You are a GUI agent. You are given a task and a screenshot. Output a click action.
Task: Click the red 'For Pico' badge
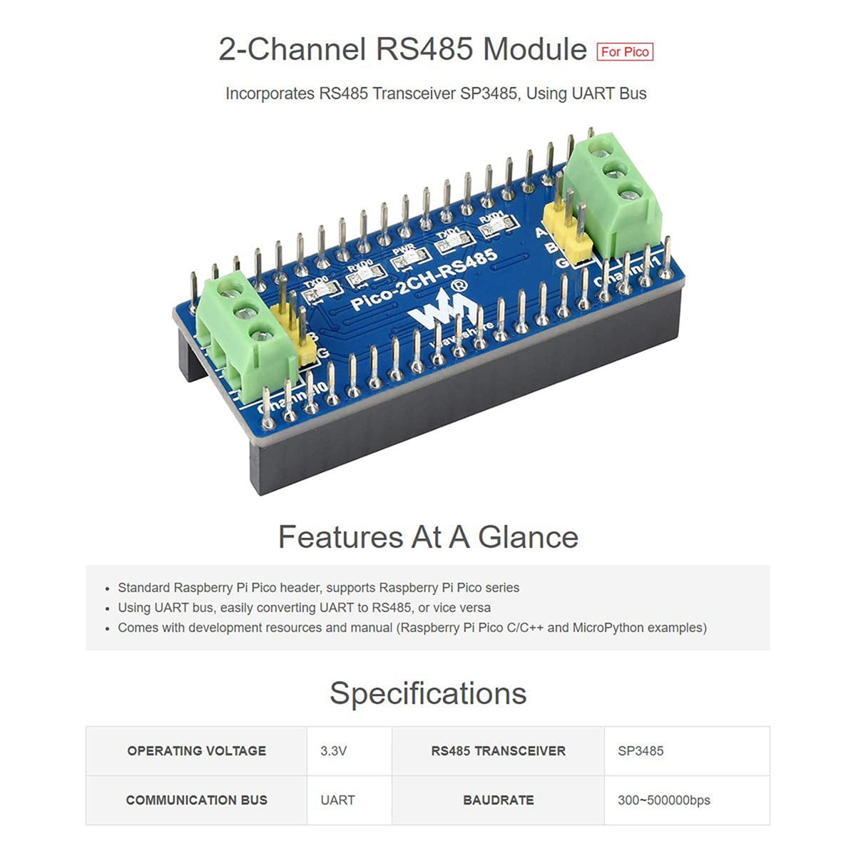pos(625,51)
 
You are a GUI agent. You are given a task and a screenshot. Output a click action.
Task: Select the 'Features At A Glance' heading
pos(428,537)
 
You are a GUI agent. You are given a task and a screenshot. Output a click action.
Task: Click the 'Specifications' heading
pos(428,693)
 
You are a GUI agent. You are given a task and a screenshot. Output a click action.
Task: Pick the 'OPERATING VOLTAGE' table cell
pos(196,751)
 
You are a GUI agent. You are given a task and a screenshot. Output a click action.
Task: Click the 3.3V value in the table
pos(333,751)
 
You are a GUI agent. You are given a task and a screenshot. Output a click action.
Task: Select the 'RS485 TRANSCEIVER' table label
pos(498,751)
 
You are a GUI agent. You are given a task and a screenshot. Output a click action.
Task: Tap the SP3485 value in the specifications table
pos(641,751)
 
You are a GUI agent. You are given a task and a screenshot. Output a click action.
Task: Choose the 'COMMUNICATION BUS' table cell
pos(196,800)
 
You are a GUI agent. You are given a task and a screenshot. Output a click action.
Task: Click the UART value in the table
pos(337,800)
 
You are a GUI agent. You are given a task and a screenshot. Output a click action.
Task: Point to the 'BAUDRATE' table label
pos(498,800)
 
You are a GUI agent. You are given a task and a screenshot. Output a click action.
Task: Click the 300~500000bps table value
pos(663,800)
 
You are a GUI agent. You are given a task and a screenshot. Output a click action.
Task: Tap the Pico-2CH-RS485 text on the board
pos(424,280)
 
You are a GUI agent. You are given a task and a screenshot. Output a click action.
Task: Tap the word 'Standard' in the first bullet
pos(144,588)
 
